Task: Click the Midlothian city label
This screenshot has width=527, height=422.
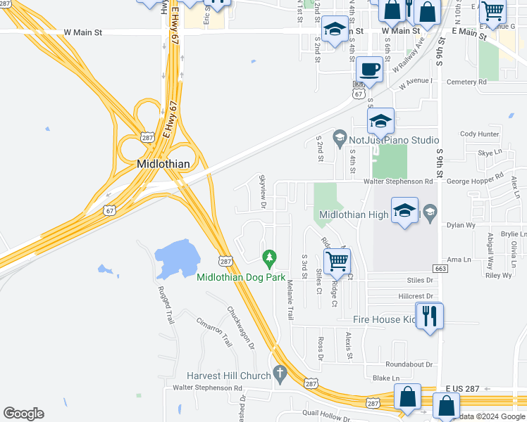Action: point(162,165)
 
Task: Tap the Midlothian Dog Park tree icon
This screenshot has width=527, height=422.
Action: point(268,260)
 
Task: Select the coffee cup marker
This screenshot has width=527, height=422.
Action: point(369,70)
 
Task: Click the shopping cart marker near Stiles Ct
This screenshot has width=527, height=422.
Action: point(338,261)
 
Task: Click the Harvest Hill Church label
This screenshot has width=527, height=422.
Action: point(228,376)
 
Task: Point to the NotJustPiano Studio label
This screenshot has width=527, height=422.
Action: point(393,141)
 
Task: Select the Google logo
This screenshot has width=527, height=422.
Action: point(23,414)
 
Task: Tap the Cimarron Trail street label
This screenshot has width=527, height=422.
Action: point(214,331)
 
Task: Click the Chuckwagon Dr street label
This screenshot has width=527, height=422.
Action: point(240,328)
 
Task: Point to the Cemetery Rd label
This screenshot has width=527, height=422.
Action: point(462,82)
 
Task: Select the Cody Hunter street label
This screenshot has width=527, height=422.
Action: point(479,134)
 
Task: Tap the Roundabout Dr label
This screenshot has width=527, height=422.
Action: point(409,364)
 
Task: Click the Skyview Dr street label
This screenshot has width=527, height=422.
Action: point(261,191)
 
